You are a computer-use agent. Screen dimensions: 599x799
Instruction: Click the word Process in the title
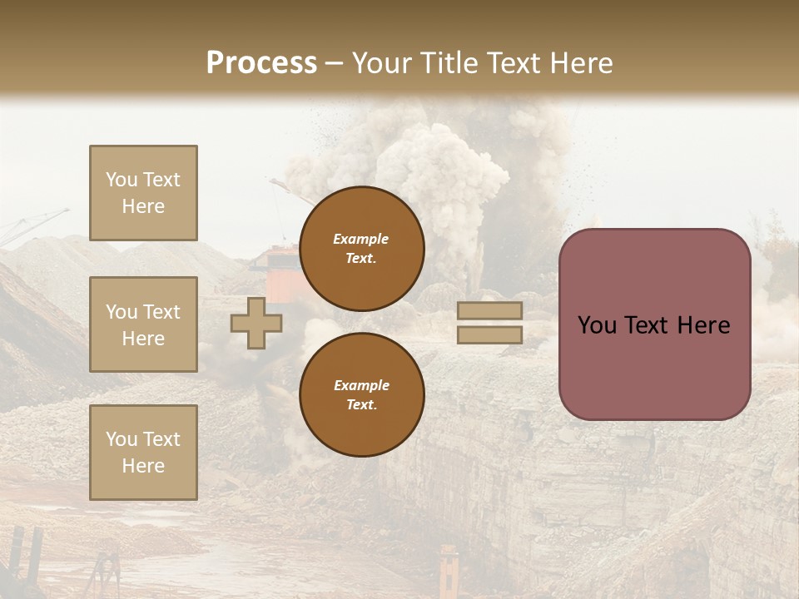pyautogui.click(x=261, y=63)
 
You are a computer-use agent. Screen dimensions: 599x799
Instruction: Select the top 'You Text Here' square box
pyautogui.click(x=143, y=193)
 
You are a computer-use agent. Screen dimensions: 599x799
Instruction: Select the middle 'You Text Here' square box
pyautogui.click(x=143, y=324)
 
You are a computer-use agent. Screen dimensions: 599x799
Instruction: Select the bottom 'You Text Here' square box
pyautogui.click(x=143, y=452)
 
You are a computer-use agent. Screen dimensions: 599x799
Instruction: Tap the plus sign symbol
pyautogui.click(x=256, y=324)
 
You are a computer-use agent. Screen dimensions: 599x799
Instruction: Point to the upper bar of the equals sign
pyautogui.click(x=489, y=311)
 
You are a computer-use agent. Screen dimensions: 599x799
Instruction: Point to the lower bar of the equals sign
pyautogui.click(x=489, y=334)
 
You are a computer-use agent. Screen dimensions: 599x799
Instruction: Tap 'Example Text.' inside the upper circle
pyautogui.click(x=361, y=249)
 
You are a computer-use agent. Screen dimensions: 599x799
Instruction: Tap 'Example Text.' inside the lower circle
pyautogui.click(x=361, y=395)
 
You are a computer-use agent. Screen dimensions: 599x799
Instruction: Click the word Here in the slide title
pyautogui.click(x=581, y=63)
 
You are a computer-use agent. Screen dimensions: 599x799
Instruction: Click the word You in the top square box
pyautogui.click(x=121, y=180)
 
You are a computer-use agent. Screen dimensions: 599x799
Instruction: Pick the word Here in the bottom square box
pyautogui.click(x=143, y=466)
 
